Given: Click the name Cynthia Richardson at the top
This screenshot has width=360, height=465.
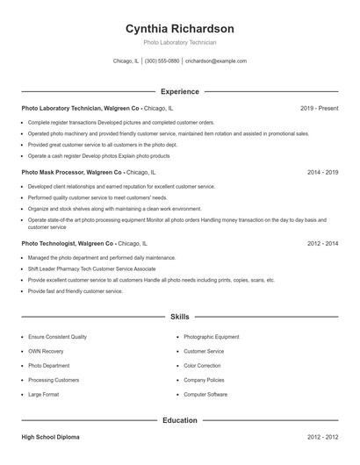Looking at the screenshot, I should tap(179, 28).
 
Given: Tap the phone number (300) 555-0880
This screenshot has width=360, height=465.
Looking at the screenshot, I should tap(162, 61).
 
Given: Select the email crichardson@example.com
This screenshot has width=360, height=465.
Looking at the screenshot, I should tap(216, 61).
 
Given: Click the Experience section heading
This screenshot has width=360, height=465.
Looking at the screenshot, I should tap(179, 91).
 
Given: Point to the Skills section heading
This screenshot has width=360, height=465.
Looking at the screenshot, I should tap(179, 316).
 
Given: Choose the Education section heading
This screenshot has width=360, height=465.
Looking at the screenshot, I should tap(179, 420).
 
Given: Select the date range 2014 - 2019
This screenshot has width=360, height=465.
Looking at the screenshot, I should tap(322, 173).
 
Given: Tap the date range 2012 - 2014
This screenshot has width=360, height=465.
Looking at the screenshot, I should tap(322, 243).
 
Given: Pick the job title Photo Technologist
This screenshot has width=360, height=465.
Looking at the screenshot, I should tap(50, 243).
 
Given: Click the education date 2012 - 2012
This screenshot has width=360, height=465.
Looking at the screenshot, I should tap(322, 436).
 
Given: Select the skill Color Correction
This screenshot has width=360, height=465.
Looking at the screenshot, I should tap(202, 366).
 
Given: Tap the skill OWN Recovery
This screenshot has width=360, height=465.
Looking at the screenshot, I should tap(45, 351).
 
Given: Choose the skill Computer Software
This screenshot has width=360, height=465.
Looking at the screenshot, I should tap(205, 395).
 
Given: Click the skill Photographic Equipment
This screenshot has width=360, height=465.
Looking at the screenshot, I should tap(211, 337).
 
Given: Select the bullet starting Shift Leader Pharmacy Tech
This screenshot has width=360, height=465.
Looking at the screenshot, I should tap(91, 268).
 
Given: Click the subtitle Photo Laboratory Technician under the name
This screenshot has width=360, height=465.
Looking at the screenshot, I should tap(179, 42).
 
